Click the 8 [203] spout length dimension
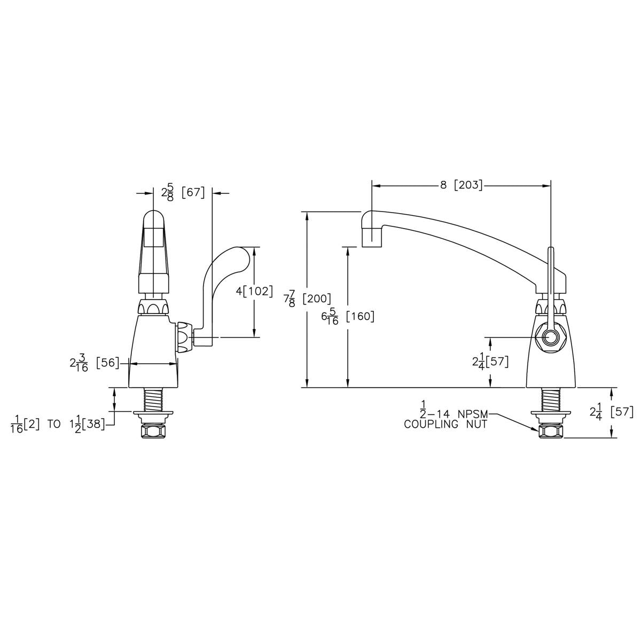tap(461, 185)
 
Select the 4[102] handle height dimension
tap(254, 292)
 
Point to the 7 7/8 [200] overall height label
tap(307, 299)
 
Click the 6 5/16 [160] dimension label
tap(348, 317)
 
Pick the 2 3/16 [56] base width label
tap(94, 364)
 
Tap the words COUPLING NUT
tap(445, 425)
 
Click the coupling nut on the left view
tap(153, 431)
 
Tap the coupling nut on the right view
tap(551, 431)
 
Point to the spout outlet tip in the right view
tap(371, 246)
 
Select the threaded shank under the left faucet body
tap(153, 399)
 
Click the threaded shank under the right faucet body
tap(551, 399)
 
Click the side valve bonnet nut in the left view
tap(185, 338)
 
